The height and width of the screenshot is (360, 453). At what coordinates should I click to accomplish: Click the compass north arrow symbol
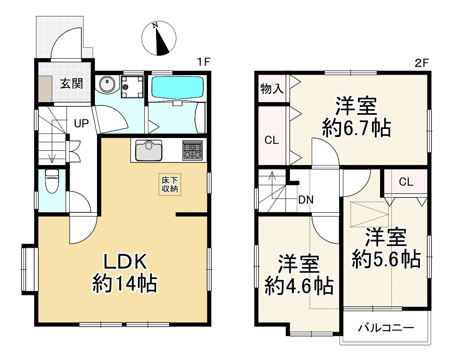pos(159,38)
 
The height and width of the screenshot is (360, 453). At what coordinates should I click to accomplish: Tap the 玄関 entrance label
pos(72,84)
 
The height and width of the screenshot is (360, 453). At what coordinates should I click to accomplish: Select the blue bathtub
pos(177,87)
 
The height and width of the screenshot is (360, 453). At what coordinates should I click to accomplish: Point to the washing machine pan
pos(132,87)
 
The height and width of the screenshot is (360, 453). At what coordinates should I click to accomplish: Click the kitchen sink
pos(149,150)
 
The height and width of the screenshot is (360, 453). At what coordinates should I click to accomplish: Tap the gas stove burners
pos(192,150)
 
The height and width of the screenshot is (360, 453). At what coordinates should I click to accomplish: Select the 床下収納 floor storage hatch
pos(170,184)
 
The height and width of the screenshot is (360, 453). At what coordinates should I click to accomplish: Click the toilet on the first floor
pos(52,181)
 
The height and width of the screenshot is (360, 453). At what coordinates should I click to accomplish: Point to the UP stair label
pos(81,124)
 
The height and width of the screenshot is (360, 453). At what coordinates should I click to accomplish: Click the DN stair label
pos(306,200)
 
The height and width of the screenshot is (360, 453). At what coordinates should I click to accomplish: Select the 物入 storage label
pos(272,89)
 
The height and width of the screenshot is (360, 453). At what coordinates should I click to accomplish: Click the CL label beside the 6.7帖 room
pos(272,140)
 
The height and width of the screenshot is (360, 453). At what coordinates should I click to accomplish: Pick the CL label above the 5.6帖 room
pos(406,182)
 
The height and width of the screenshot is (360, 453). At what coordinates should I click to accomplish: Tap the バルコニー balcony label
pos(386,328)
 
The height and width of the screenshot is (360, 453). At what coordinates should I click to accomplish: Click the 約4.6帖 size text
pos(299,286)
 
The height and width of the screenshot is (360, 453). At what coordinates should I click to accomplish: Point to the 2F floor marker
pos(422,62)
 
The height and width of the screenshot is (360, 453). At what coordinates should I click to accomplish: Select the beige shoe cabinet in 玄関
pos(46,89)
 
